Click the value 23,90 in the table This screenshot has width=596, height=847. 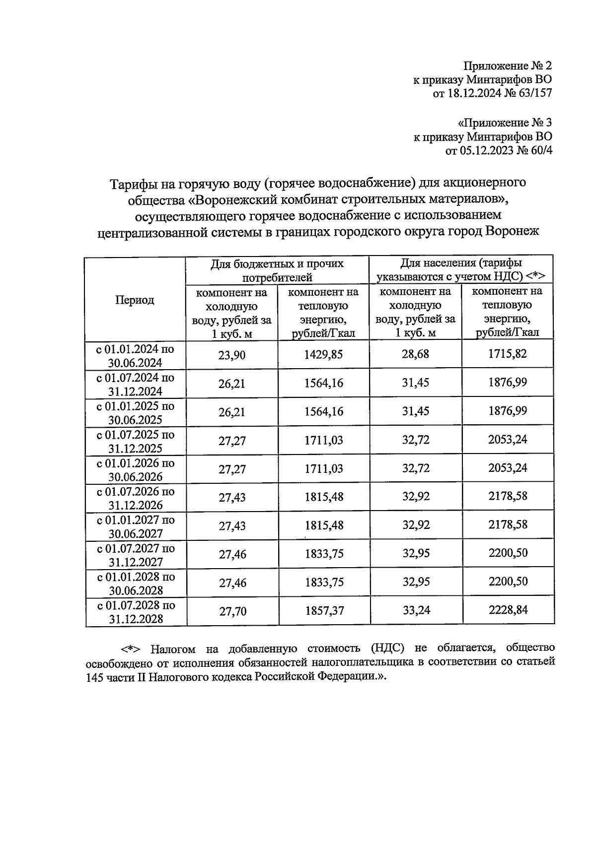(x=232, y=355)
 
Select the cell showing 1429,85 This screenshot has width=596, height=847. (x=324, y=354)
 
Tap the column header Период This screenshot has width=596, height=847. (x=135, y=300)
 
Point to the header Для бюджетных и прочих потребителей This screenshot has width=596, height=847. (x=277, y=270)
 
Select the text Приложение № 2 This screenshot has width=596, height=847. (x=508, y=65)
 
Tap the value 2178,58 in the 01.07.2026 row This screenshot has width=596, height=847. (x=508, y=496)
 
